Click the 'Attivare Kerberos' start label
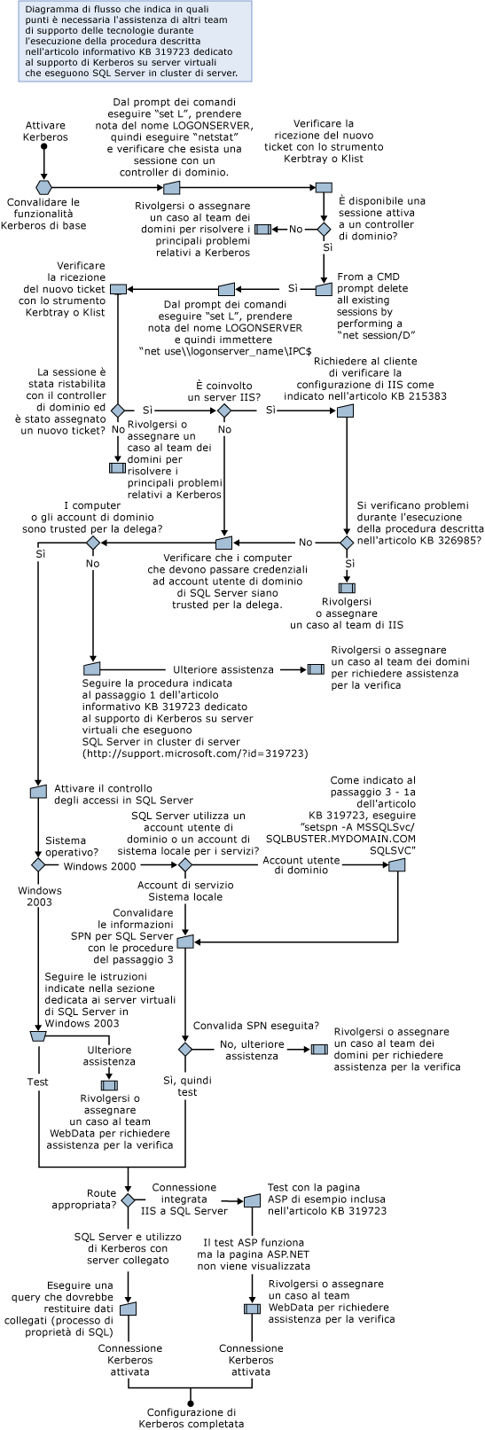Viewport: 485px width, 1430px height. point(45,131)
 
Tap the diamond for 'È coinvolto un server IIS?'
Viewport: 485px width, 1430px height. point(224,411)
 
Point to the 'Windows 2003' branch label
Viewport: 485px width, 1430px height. point(39,895)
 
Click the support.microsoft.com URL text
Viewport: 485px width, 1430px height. point(194,753)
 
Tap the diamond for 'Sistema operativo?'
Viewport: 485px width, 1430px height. point(38,864)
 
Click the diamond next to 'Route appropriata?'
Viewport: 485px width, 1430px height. point(128,1200)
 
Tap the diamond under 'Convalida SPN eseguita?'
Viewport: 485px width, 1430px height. point(185,1049)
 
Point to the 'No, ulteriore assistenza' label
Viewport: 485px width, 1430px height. point(251,1051)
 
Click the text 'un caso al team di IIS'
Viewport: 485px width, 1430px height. point(347,624)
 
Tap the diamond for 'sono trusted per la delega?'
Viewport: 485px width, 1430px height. point(92,542)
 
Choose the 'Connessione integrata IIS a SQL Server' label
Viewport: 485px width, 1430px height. point(184,1199)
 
